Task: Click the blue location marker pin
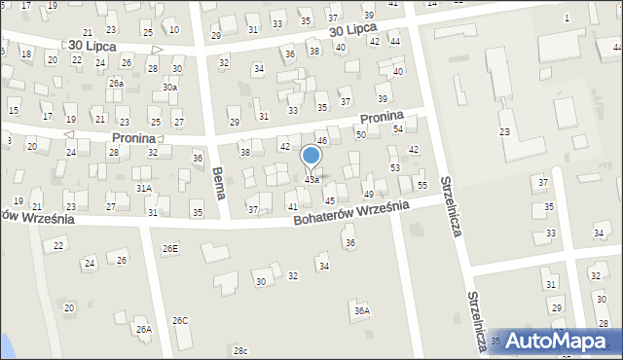tap(311, 157)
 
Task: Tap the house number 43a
tap(311, 180)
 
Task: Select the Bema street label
tap(218, 183)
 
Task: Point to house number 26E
tap(170, 249)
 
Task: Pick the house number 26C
tap(180, 320)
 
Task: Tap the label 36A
tap(362, 311)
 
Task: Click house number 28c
tap(240, 350)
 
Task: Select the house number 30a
tap(169, 88)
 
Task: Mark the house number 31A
tap(143, 188)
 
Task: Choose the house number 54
tap(397, 129)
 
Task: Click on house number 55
tap(421, 185)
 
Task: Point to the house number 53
tap(395, 168)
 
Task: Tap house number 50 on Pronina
tap(360, 134)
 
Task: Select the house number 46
tap(322, 142)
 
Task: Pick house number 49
tap(368, 196)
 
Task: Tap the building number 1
tap(567, 18)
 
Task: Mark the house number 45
tap(330, 200)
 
